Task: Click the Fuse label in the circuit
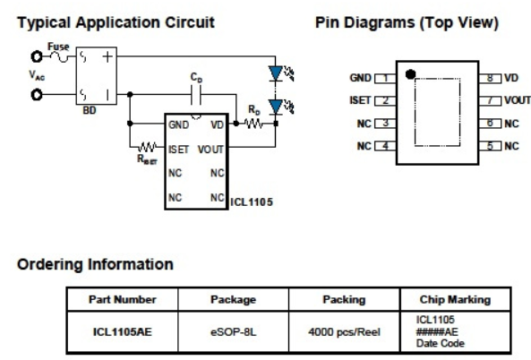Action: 58,47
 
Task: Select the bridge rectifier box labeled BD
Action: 97,76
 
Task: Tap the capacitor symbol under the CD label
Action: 196,95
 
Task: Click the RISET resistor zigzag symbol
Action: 147,147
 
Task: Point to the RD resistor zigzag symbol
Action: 253,124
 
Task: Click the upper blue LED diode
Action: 276,73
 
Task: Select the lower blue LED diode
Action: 276,107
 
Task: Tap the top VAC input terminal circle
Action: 37,56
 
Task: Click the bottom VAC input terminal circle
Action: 37,95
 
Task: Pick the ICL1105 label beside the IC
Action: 252,202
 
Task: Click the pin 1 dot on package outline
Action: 410,74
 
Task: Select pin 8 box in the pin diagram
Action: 490,78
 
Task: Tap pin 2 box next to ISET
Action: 385,101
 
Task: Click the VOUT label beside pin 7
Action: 518,100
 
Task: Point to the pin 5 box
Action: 490,146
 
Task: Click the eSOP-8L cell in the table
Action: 234,332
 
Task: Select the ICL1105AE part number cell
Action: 123,332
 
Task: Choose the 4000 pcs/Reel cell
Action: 345,332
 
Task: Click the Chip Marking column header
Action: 455,300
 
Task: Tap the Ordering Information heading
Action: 95,264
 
